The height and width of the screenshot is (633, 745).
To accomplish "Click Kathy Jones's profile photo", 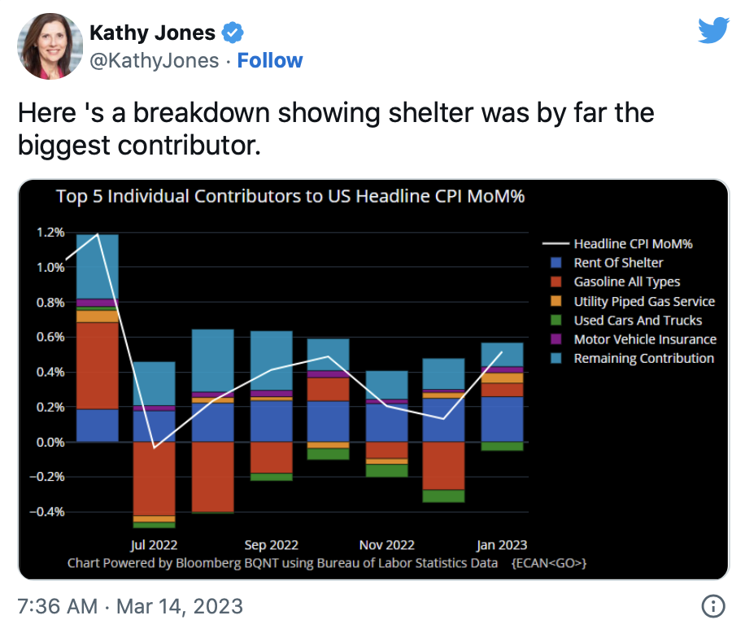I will coord(46,46).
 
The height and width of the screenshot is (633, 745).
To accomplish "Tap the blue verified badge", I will coord(233,33).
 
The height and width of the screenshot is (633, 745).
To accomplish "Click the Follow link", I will coord(269,61).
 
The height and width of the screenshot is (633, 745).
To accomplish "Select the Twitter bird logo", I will coord(712,30).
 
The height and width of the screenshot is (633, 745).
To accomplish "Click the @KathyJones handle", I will coord(154,61).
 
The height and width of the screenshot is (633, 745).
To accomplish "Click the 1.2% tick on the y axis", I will coord(50,233).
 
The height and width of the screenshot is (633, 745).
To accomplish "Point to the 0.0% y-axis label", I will coord(50,443).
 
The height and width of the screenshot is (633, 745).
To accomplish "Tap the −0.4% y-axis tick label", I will coord(48,513).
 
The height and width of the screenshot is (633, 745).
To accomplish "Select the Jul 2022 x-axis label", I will coord(154,545).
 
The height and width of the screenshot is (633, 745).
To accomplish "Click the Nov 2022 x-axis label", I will coord(387,545).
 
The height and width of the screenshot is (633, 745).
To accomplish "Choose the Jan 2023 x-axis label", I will coord(501,545).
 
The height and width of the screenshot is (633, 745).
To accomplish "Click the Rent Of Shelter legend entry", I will coord(618,263).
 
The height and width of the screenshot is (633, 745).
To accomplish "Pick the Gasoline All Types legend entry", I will coord(626,282).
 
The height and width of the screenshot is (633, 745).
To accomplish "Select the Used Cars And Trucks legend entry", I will coord(638,321).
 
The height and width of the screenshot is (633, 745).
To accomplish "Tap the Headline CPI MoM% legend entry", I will coord(633,243).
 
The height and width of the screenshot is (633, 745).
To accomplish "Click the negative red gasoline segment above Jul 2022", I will coord(155,478).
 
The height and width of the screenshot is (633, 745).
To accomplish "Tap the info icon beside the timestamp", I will coord(712,606).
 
